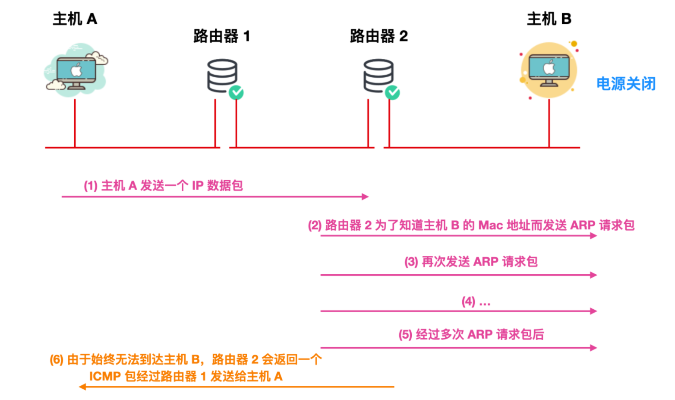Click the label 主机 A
pos(75,19)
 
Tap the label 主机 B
pos(549,19)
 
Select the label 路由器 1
pos(221,36)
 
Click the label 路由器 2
pos(379,36)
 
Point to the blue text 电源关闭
pos(625,83)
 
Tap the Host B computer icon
pos(549,70)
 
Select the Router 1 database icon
pos(222,75)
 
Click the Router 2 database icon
pos(378,75)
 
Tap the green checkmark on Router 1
pos(236,92)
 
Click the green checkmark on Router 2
pos(392,92)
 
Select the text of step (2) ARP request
pos(471,225)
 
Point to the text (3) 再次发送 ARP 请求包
pos(471,262)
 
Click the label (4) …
pos(476,301)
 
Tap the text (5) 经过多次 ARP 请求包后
pos(471,334)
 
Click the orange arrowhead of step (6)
pos(82,387)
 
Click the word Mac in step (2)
pos(491,225)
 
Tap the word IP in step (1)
pos(197,186)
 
